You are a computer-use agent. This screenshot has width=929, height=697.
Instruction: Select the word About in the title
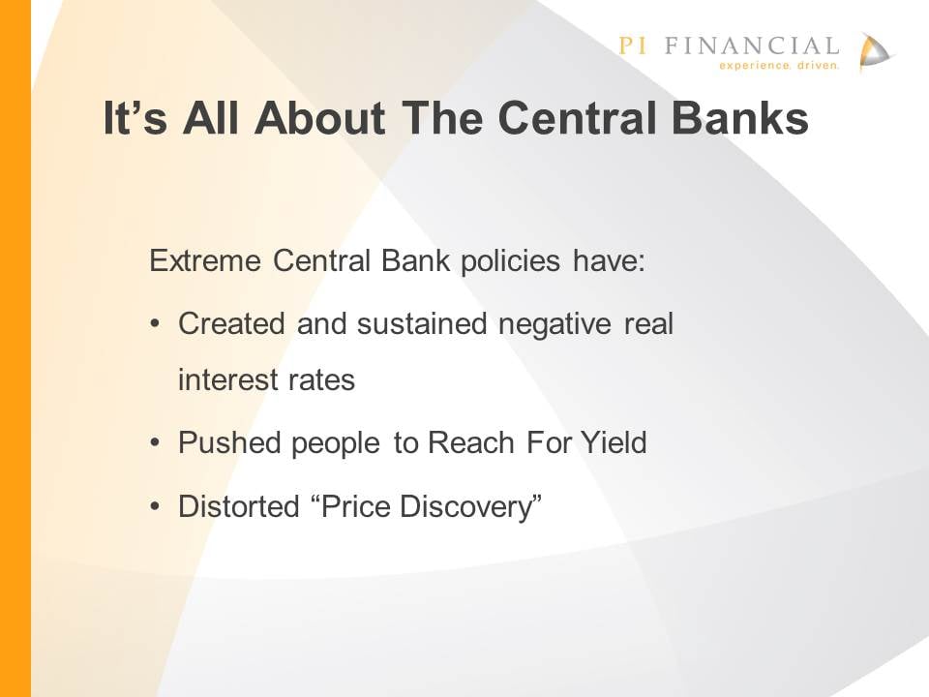[320, 117]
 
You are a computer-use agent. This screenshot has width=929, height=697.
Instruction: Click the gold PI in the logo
[633, 45]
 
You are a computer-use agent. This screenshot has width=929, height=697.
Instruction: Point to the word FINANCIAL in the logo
[752, 45]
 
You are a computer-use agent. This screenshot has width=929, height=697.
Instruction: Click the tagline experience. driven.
[779, 65]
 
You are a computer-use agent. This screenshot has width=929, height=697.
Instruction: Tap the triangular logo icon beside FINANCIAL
[875, 52]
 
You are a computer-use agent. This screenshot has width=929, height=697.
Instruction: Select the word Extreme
[205, 260]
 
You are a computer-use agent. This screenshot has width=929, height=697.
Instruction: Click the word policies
[510, 261]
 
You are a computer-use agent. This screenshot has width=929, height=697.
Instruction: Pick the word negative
[554, 324]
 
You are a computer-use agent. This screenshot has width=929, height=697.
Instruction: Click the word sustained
[422, 323]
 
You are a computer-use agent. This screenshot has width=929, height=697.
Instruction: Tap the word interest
[226, 379]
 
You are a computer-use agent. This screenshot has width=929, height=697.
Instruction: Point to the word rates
[321, 380]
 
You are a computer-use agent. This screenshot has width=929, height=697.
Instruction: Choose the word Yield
[614, 442]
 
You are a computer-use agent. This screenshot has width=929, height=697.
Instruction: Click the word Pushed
[229, 442]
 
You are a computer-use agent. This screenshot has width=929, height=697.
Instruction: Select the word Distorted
[239, 506]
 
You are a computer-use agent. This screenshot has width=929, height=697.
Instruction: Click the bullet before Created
[155, 324]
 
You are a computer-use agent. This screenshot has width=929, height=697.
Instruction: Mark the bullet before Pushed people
[155, 442]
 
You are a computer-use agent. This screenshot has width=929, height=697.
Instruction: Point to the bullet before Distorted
[155, 506]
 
